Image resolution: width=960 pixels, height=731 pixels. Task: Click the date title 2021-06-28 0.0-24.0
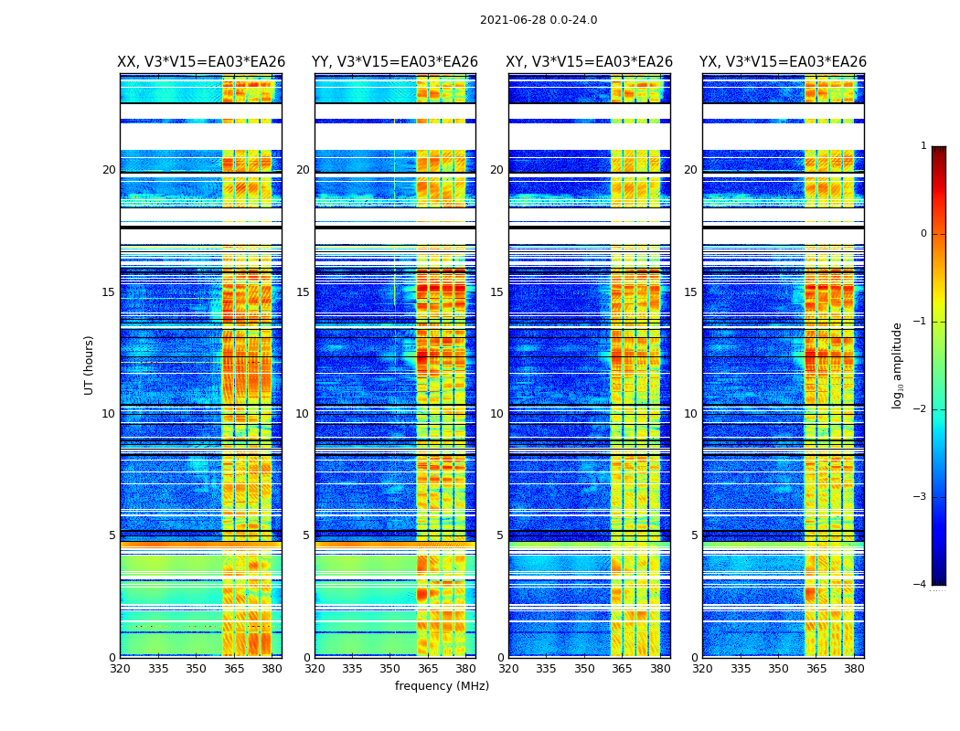click(x=539, y=20)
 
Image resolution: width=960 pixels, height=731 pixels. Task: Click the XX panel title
click(x=201, y=62)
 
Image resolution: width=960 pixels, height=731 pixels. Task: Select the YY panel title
click(x=395, y=62)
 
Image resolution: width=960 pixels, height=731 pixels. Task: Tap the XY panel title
click(x=590, y=62)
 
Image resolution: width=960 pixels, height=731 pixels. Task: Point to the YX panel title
click(x=783, y=62)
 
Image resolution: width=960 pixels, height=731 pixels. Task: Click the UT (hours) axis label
click(x=89, y=365)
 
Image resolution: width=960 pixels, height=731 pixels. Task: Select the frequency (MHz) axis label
click(x=442, y=686)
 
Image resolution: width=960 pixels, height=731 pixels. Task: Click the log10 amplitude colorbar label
click(x=898, y=365)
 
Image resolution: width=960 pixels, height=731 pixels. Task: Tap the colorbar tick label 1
click(x=923, y=146)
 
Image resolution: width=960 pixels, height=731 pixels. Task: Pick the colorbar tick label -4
click(x=922, y=585)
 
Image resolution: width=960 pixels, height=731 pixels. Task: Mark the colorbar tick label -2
click(x=922, y=409)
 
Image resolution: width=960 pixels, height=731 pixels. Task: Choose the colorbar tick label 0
click(x=923, y=234)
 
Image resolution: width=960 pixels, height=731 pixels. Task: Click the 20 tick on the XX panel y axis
click(x=109, y=170)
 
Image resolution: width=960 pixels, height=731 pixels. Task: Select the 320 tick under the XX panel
click(x=120, y=669)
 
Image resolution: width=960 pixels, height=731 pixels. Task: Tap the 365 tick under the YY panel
click(x=429, y=669)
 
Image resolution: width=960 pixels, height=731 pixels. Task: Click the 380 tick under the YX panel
click(x=854, y=669)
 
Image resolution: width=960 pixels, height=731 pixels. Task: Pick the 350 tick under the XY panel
click(x=584, y=669)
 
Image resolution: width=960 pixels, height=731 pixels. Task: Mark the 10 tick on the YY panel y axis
click(x=303, y=414)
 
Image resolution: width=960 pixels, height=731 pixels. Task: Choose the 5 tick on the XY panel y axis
click(x=499, y=535)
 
